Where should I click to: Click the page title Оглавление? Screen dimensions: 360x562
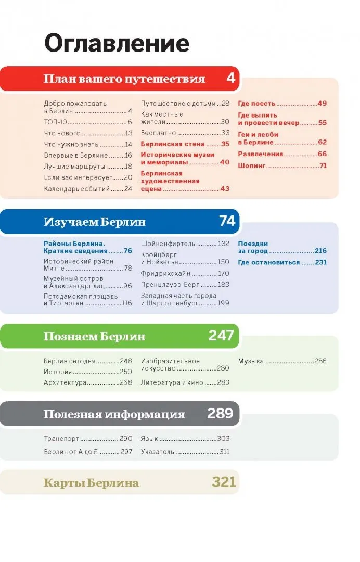(x=117, y=44)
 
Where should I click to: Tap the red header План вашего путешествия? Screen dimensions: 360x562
(x=124, y=79)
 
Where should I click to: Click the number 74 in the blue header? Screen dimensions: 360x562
(x=227, y=221)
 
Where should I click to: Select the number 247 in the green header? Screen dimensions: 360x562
(x=221, y=336)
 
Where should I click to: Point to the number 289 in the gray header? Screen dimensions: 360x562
(x=220, y=413)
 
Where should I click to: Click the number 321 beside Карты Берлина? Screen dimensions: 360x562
(x=224, y=482)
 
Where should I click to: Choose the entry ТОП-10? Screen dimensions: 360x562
(x=56, y=122)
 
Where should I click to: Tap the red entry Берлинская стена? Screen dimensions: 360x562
(x=173, y=144)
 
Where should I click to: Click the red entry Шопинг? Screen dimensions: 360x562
(x=251, y=165)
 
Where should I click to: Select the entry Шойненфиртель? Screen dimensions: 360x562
(x=168, y=244)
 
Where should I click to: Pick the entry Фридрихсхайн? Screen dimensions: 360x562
(x=165, y=273)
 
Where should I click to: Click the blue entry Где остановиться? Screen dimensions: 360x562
(x=269, y=262)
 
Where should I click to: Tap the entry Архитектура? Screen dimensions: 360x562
(x=65, y=382)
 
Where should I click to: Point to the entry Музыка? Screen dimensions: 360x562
(x=251, y=361)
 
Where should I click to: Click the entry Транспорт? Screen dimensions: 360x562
(x=61, y=439)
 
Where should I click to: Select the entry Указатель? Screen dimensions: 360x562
(x=157, y=452)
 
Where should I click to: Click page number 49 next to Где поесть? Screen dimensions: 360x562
(x=322, y=103)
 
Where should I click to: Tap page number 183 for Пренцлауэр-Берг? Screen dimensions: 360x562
(x=224, y=284)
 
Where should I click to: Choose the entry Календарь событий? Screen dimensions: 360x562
(x=76, y=189)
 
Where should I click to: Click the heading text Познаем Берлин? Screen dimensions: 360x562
(x=94, y=336)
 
